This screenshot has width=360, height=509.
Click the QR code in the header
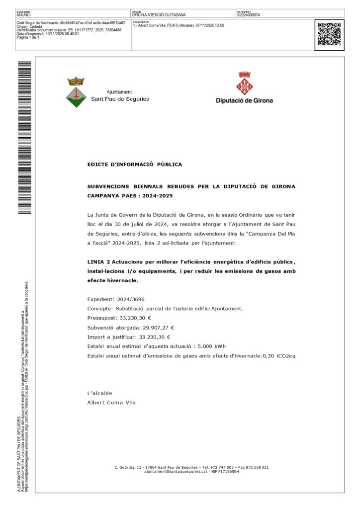(x=329, y=34)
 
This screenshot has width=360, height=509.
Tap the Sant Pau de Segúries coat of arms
(x=76, y=92)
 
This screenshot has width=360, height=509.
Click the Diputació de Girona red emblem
(x=244, y=84)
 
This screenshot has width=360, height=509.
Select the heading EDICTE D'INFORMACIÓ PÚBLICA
(x=134, y=164)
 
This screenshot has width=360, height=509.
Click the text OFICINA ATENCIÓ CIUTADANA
(x=159, y=15)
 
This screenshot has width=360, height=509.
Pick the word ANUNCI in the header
(x=24, y=15)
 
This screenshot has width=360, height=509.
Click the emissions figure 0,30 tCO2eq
(x=279, y=356)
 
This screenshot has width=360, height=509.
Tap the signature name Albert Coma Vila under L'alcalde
(x=111, y=403)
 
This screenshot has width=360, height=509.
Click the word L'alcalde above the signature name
(x=99, y=393)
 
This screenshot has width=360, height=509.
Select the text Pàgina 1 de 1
(x=28, y=37)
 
